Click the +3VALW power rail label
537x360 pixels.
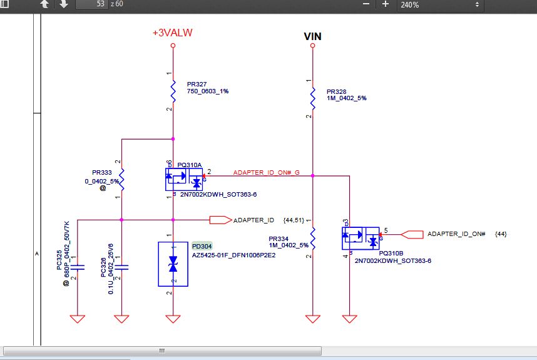click(x=173, y=33)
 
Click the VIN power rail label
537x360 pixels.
click(x=313, y=36)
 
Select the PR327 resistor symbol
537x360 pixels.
click(x=173, y=91)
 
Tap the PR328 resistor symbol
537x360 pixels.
click(x=313, y=99)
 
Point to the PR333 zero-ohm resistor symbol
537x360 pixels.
click(x=121, y=180)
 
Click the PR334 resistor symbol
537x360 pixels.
click(x=313, y=239)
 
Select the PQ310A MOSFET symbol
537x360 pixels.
click(x=184, y=180)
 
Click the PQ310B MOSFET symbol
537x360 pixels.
click(x=361, y=239)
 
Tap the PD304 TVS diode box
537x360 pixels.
click(x=173, y=264)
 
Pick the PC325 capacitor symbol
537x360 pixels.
click(x=78, y=267)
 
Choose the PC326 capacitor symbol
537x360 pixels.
click(x=121, y=267)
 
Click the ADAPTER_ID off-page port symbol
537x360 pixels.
click(x=221, y=220)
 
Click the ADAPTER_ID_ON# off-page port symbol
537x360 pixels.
click(x=412, y=234)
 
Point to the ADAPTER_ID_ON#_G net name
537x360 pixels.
click(x=267, y=172)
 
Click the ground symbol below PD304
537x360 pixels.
click(x=173, y=319)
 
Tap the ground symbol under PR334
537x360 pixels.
click(x=313, y=319)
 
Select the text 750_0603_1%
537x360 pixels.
click(x=208, y=91)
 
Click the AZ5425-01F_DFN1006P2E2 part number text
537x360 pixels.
click(x=233, y=255)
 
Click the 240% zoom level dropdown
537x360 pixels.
click(x=441, y=5)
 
